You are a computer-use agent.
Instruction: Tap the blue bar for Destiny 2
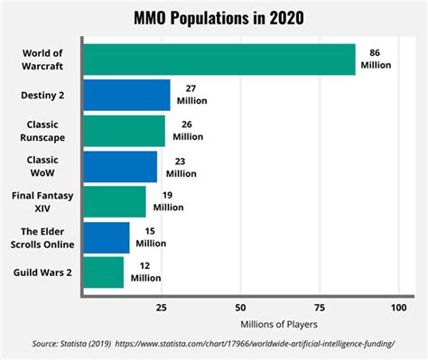pos(126,95)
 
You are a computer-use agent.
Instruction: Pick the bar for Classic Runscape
pos(125,130)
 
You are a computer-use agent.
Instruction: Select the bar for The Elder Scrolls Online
pos(107,236)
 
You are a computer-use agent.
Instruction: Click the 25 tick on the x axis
pos(161,306)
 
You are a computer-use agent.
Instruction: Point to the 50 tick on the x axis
pos(240,306)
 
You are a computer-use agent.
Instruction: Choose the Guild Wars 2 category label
pos(42,272)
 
